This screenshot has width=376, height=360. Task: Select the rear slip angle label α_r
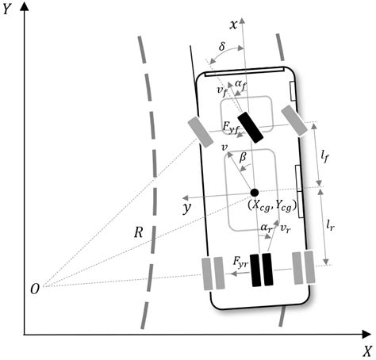point(266,228)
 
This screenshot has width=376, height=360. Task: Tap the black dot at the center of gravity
point(254,192)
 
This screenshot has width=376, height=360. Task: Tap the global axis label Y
point(9,12)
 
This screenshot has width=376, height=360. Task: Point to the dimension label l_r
point(334,226)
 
